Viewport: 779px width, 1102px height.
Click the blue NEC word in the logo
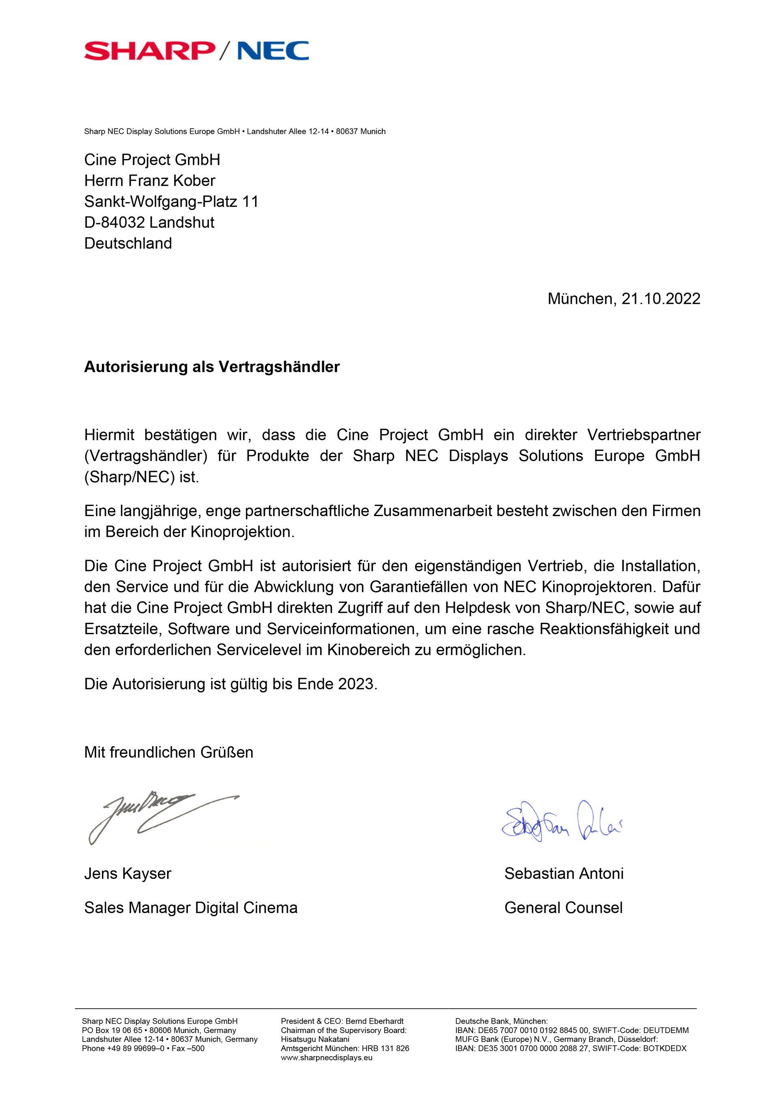[x=273, y=50]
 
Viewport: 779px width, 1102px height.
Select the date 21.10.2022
[x=661, y=299]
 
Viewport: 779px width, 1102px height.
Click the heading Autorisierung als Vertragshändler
[x=212, y=367]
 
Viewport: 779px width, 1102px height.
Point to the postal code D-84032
[x=115, y=222]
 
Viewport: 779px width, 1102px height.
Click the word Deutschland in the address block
[x=128, y=243]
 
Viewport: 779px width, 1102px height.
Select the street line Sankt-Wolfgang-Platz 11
[x=171, y=202]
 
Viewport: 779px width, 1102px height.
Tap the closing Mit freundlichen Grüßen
[x=168, y=752]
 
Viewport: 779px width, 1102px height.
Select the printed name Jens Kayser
[x=128, y=873]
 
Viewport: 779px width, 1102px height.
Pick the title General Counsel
[x=564, y=908]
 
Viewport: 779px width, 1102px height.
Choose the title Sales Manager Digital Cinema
[x=191, y=908]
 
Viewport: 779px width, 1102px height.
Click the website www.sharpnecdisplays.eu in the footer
[x=327, y=1057]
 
